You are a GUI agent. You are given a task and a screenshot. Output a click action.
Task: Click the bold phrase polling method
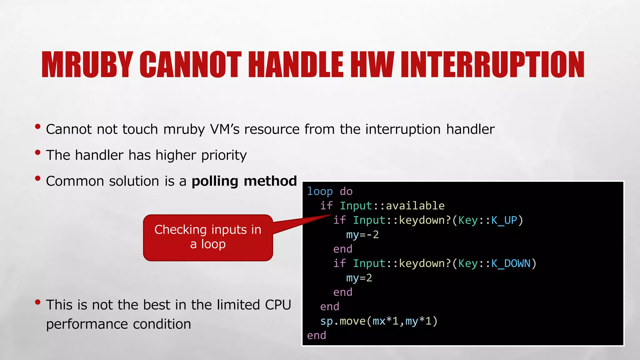pyautogui.click(x=244, y=181)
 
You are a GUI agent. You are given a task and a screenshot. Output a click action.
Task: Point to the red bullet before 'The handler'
pyautogui.click(x=38, y=153)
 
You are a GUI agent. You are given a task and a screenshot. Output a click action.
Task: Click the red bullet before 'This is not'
pyautogui.click(x=38, y=302)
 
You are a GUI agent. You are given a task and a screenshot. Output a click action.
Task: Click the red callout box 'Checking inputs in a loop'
pyautogui.click(x=208, y=237)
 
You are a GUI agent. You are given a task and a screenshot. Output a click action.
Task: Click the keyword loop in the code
pyautogui.click(x=320, y=191)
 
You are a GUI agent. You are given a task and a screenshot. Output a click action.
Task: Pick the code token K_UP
pyautogui.click(x=504, y=220)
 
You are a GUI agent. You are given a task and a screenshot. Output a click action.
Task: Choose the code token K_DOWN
pyautogui.click(x=511, y=263)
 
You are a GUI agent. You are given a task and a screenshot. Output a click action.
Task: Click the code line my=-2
pyautogui.click(x=362, y=234)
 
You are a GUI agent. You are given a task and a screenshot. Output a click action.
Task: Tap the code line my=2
pyautogui.click(x=359, y=277)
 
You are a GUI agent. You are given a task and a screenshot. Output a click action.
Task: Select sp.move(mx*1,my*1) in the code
pyautogui.click(x=379, y=321)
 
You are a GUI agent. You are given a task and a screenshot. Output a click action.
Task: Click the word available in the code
pyautogui.click(x=415, y=206)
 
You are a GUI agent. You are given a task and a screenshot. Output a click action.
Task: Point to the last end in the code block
pyautogui.click(x=316, y=335)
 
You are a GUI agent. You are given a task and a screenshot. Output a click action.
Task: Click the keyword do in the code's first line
pyautogui.click(x=346, y=191)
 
